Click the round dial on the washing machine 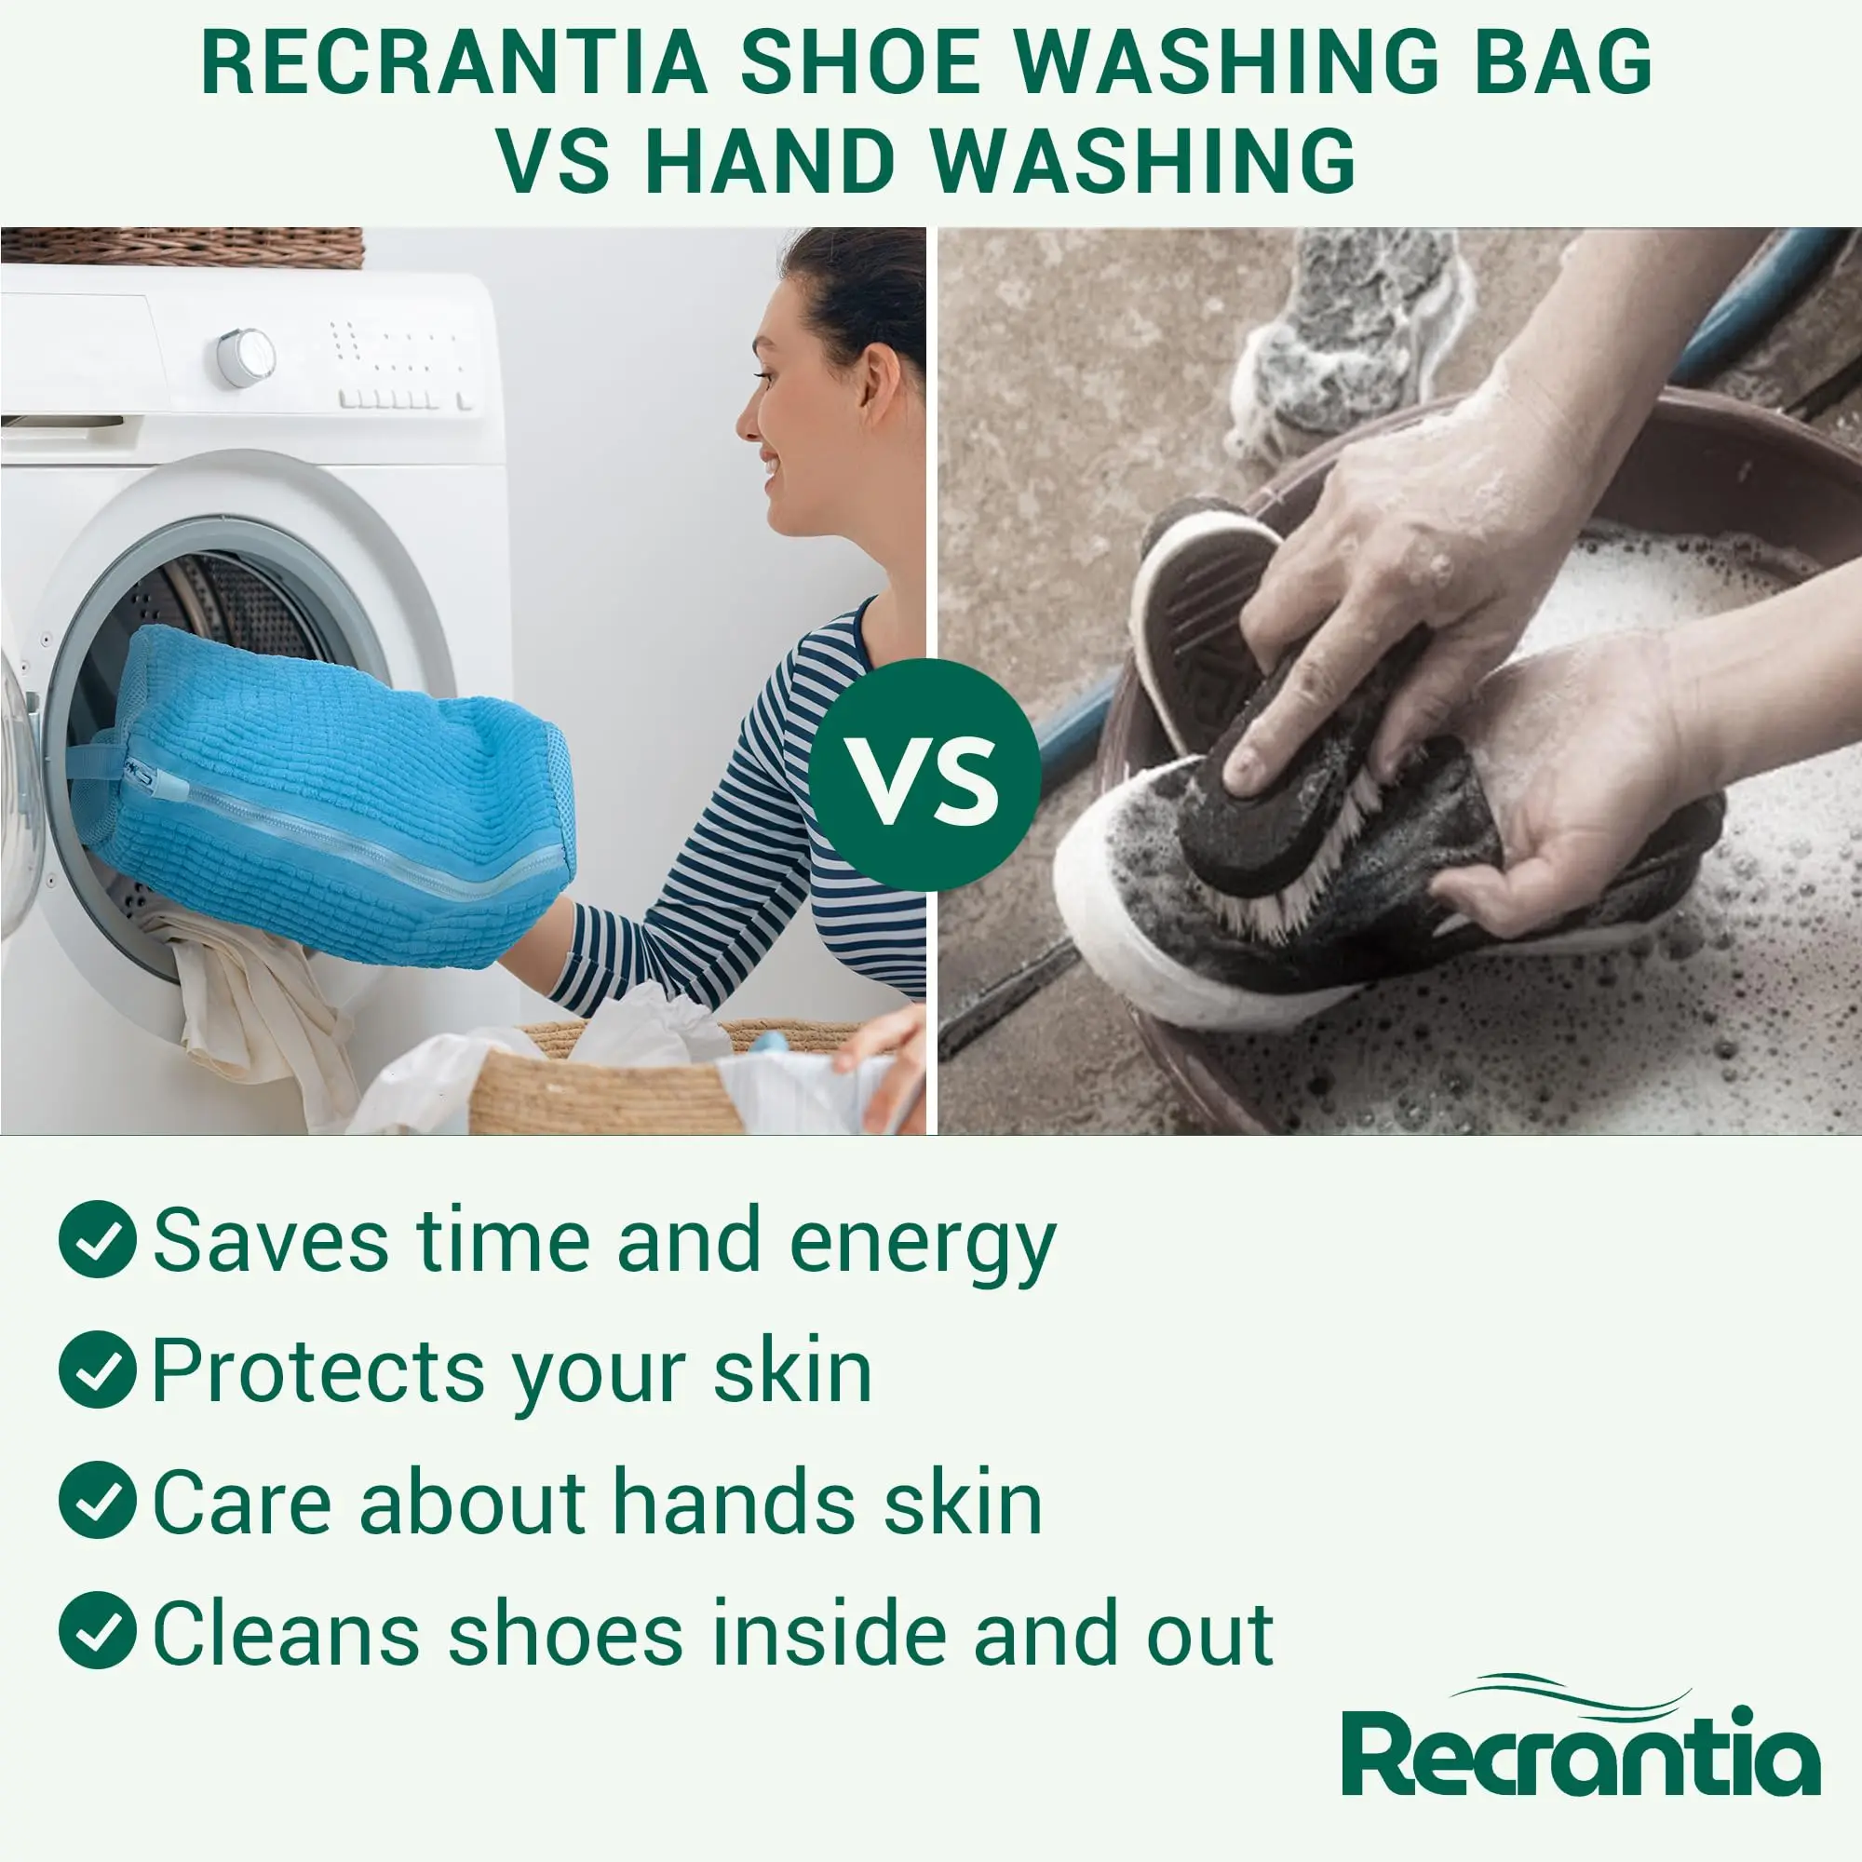pos(245,357)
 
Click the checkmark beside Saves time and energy pos(97,1239)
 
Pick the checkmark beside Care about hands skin pos(97,1500)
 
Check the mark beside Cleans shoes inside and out pos(97,1630)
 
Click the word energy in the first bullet pos(922,1243)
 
